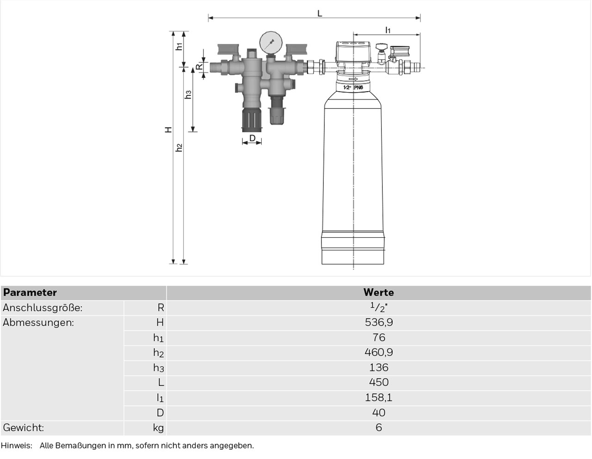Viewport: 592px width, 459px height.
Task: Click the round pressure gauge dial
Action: pos(271,43)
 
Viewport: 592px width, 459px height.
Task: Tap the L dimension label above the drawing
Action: pos(320,13)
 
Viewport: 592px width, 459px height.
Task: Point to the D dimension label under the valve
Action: pos(252,138)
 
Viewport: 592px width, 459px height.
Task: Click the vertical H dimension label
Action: pos(168,130)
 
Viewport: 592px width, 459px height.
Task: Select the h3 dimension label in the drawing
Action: pos(188,94)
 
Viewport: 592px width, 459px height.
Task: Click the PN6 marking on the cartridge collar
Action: pos(358,87)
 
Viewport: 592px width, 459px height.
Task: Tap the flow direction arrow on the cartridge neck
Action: pos(353,79)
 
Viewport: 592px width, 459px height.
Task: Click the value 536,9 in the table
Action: pos(379,323)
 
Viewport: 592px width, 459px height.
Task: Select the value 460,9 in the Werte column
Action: pos(379,353)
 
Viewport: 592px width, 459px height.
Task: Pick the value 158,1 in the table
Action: pos(379,397)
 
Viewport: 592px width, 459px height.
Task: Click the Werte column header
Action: pos(378,292)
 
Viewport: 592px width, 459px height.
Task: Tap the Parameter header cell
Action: pos(30,292)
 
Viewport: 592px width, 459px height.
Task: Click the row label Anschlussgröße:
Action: pos(43,308)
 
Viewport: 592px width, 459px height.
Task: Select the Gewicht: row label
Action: pos(24,428)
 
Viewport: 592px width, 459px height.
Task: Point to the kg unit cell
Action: pos(158,428)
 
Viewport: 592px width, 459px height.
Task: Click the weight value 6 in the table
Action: pos(379,428)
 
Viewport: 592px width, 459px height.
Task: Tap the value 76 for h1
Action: pos(379,337)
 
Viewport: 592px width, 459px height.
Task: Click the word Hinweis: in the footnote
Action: pos(17,446)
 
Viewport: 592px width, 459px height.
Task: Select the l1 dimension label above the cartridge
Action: pos(388,30)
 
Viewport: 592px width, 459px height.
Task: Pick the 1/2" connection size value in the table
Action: pos(379,307)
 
